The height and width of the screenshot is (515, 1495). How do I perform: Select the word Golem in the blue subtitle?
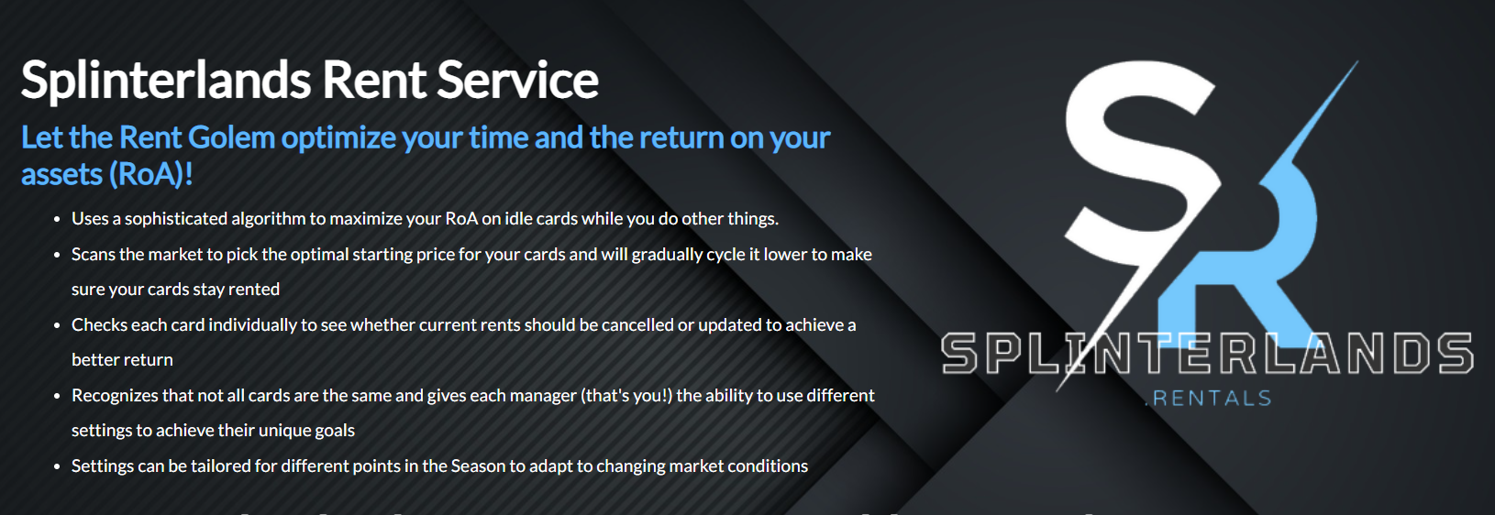pyautogui.click(x=231, y=138)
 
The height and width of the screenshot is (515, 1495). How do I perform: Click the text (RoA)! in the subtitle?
pyautogui.click(x=150, y=175)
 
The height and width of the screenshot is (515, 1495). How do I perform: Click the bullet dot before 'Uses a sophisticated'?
pyautogui.click(x=58, y=220)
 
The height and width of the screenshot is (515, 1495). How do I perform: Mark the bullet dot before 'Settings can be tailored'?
pyautogui.click(x=58, y=466)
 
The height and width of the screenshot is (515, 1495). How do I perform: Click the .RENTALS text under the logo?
pyautogui.click(x=1209, y=399)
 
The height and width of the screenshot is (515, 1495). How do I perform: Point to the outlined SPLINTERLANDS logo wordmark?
pyautogui.click(x=1207, y=353)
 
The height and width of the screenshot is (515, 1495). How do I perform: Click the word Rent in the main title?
pyautogui.click(x=374, y=81)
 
